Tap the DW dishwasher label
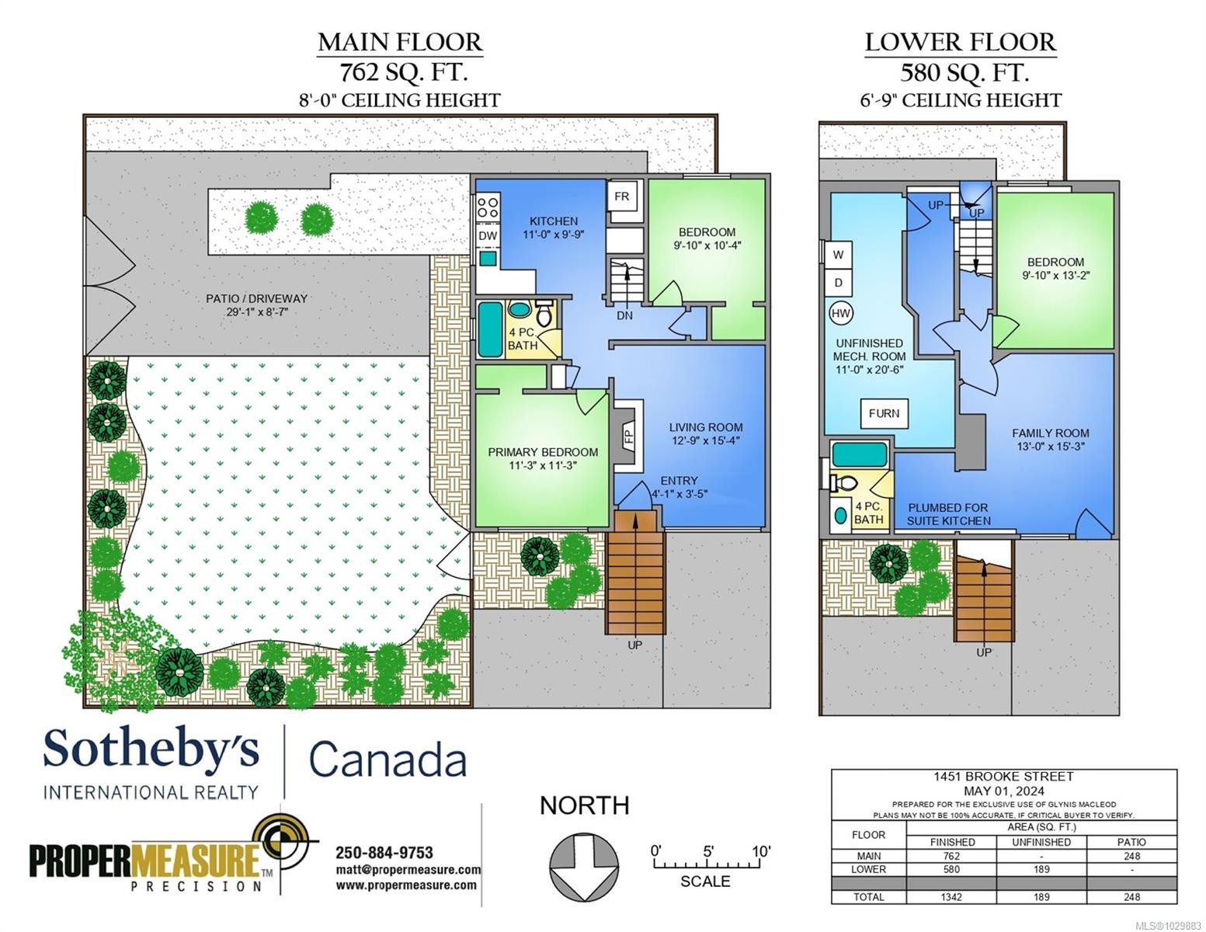(x=488, y=235)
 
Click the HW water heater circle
(x=841, y=313)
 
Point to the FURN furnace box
(x=884, y=413)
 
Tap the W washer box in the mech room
(x=838, y=255)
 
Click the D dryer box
(x=838, y=283)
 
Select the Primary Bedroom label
(x=543, y=452)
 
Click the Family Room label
(x=1050, y=433)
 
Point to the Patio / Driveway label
(x=256, y=299)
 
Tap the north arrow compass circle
(x=584, y=869)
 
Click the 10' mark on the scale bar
(x=762, y=851)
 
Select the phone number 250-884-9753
(x=384, y=852)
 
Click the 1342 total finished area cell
(x=951, y=896)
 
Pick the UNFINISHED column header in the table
(x=1041, y=842)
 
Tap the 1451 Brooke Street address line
(x=1003, y=777)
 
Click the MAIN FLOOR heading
(x=400, y=43)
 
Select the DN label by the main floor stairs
(x=624, y=315)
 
